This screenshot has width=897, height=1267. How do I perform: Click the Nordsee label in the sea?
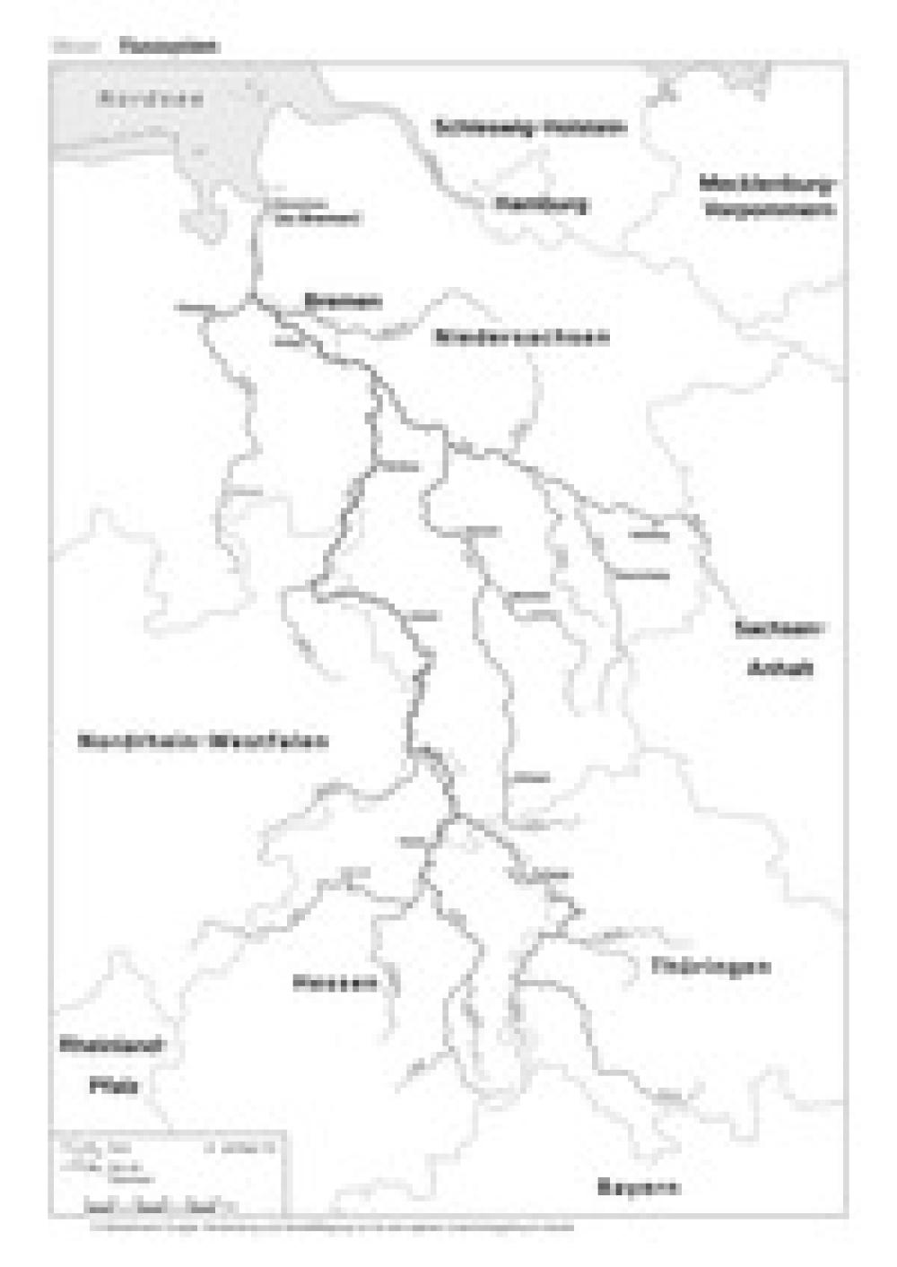pyautogui.click(x=150, y=99)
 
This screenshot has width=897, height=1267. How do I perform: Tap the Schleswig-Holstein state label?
pyautogui.click(x=530, y=127)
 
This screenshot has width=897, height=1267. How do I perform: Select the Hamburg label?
pyautogui.click(x=542, y=204)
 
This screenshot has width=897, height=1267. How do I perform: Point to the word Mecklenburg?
pyautogui.click(x=767, y=185)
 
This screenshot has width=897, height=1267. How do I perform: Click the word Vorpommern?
pyautogui.click(x=770, y=211)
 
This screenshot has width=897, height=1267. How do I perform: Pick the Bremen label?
pyautogui.click(x=343, y=301)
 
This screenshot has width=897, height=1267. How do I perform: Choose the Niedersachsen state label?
pyautogui.click(x=521, y=337)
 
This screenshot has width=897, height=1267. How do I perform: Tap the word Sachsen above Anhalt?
pyautogui.click(x=778, y=628)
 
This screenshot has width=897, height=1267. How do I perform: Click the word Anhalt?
pyautogui.click(x=779, y=668)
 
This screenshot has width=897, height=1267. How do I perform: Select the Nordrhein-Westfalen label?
pyautogui.click(x=203, y=742)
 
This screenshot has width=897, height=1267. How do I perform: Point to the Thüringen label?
pyautogui.click(x=710, y=967)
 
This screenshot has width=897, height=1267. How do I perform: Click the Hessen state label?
pyautogui.click(x=335, y=984)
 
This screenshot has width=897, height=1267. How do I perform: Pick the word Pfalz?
pyautogui.click(x=114, y=1086)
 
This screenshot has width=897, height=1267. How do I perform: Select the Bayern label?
pyautogui.click(x=638, y=1187)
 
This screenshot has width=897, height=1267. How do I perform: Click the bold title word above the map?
pyautogui.click(x=169, y=46)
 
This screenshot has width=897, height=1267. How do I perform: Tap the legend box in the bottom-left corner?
pyautogui.click(x=168, y=1173)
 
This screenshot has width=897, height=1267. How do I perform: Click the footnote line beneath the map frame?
pyautogui.click(x=332, y=1227)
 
